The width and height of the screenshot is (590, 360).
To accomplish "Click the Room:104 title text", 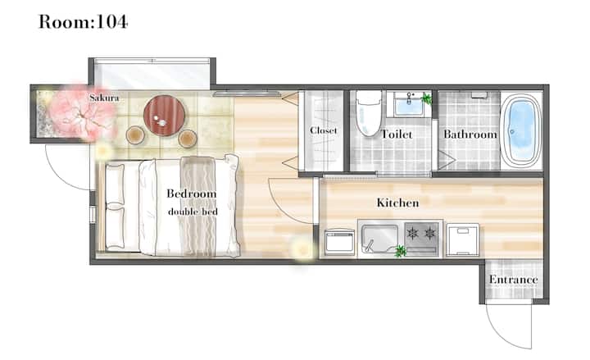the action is [83, 21].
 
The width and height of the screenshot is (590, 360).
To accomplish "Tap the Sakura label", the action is [104, 98].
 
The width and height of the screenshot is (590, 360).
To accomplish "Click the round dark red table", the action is [165, 116].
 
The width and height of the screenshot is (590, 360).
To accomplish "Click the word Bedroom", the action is [192, 194].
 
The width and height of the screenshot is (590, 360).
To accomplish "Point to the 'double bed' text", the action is [193, 212].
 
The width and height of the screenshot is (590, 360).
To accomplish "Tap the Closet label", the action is [324, 130].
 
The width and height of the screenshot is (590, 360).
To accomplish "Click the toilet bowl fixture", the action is [369, 113].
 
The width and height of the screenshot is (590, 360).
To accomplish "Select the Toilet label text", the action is [397, 134].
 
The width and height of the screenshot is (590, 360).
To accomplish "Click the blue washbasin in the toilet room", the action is [409, 104].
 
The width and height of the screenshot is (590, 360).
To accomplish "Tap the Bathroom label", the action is [470, 134].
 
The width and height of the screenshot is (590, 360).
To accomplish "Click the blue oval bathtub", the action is [521, 130].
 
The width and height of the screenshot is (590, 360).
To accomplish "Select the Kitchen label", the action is [397, 203].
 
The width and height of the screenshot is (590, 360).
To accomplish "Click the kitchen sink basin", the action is [380, 239].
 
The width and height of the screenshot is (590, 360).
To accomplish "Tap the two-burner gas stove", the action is [422, 238].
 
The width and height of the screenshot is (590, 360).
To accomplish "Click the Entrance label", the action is [514, 280].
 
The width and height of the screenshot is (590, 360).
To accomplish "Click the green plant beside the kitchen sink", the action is [400, 251].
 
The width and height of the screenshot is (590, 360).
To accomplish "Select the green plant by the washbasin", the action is [427, 98].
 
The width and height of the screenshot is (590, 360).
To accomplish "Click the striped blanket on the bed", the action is [198, 207].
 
